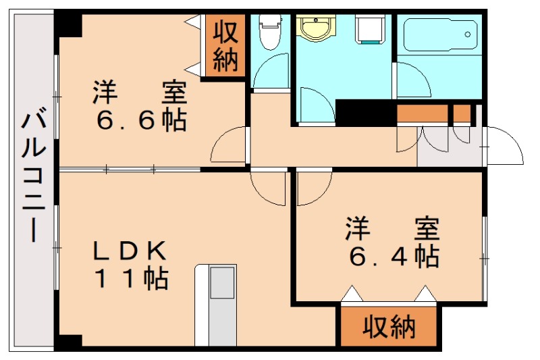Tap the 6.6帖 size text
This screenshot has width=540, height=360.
pyautogui.click(x=141, y=120)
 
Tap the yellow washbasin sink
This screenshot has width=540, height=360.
pyautogui.click(x=314, y=29)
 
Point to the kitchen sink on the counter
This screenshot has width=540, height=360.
pyautogui.click(x=221, y=283)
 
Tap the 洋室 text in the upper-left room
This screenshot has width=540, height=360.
pyautogui.click(x=140, y=92)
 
